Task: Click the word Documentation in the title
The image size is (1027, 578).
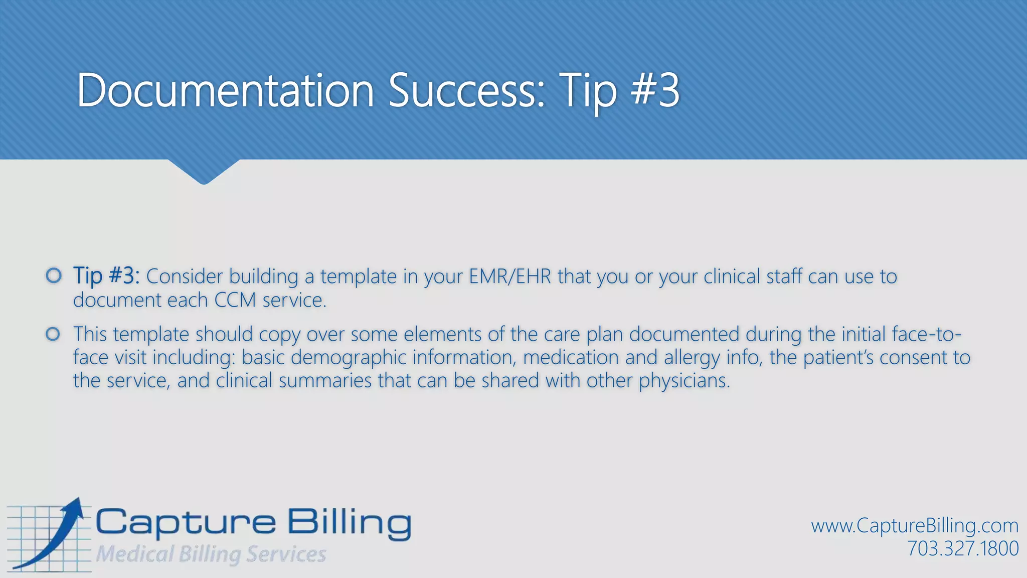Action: tap(226, 90)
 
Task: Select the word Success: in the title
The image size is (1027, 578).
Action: tap(467, 90)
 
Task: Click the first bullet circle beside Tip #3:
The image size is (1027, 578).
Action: tap(54, 275)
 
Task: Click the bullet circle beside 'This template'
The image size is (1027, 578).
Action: tap(53, 334)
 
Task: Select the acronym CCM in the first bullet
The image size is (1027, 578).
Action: tap(235, 300)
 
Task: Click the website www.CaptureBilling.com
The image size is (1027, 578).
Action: tap(915, 526)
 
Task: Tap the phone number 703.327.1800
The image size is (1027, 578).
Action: tap(963, 548)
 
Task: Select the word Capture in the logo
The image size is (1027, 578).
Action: tap(186, 523)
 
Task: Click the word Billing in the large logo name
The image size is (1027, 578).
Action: tap(349, 523)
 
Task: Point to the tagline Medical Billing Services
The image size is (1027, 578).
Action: tap(211, 554)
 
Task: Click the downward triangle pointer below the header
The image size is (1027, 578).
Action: tap(204, 172)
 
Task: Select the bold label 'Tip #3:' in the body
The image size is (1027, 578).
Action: tap(106, 275)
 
